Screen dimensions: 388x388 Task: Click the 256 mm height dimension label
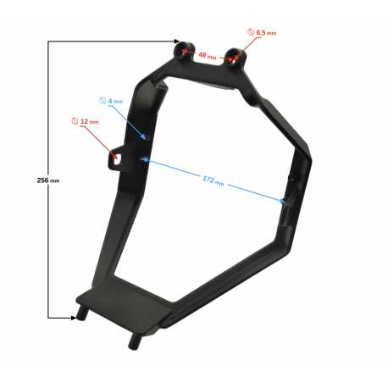[48, 180]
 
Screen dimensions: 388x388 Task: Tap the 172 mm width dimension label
[213, 180]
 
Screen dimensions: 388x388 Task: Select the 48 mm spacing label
[208, 56]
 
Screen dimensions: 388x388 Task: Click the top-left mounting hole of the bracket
[184, 51]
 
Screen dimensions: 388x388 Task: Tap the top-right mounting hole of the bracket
[234, 56]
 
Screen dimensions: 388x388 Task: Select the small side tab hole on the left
[116, 159]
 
